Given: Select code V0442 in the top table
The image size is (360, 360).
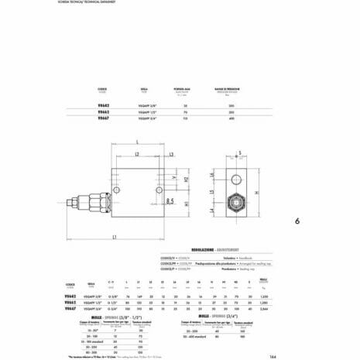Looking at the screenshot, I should pyautogui.click(x=102, y=104).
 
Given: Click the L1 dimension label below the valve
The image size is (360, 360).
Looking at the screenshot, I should pyautogui.click(x=115, y=235).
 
